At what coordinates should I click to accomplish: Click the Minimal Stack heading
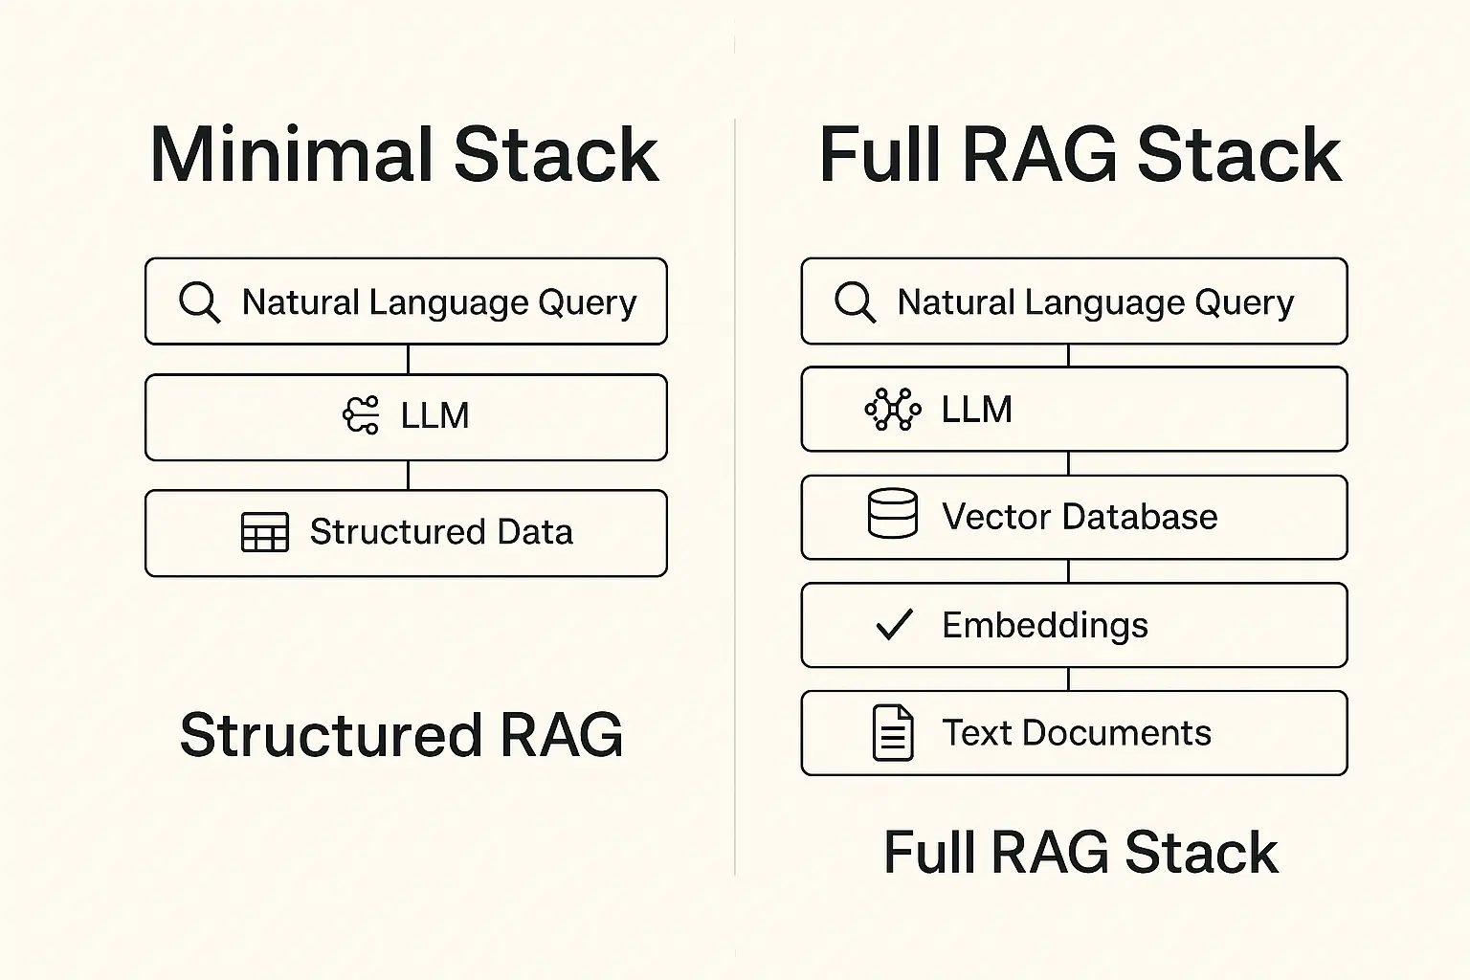click(x=404, y=155)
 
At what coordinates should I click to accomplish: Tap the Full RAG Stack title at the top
click(x=1080, y=155)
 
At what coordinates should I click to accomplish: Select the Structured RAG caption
click(x=401, y=734)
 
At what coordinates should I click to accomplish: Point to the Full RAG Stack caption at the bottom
click(x=1080, y=852)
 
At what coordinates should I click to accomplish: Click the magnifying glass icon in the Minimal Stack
click(x=199, y=302)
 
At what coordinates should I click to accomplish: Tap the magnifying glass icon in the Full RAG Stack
click(x=855, y=302)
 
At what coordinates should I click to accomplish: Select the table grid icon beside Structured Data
click(x=264, y=532)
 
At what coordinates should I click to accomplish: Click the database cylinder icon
click(x=893, y=513)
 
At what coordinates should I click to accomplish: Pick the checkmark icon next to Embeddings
click(x=895, y=624)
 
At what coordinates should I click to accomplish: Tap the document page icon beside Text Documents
click(x=893, y=733)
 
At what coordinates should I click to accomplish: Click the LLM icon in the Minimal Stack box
click(x=361, y=414)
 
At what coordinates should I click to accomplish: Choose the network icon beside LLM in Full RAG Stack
click(x=893, y=409)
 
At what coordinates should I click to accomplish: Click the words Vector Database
click(x=1080, y=516)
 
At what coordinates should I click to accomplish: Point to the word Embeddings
click(x=1045, y=625)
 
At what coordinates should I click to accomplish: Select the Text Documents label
click(x=1077, y=732)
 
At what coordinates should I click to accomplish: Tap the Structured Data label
click(x=441, y=532)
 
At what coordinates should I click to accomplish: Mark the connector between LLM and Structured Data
click(x=409, y=476)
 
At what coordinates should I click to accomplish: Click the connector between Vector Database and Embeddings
click(x=1068, y=571)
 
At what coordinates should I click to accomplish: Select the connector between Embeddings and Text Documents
click(x=1068, y=679)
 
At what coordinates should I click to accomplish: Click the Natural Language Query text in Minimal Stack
click(x=439, y=303)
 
